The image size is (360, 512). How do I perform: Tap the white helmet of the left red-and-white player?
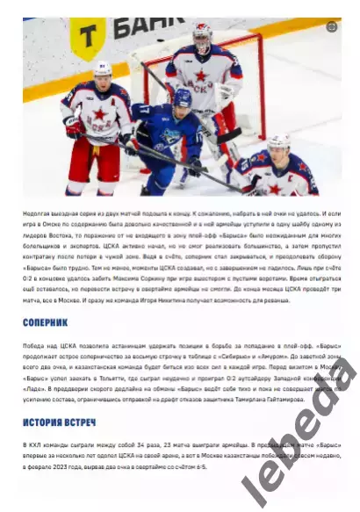(103, 70)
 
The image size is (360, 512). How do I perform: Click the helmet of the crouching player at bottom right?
(278, 143)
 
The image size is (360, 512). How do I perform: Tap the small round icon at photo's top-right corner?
(331, 27)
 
